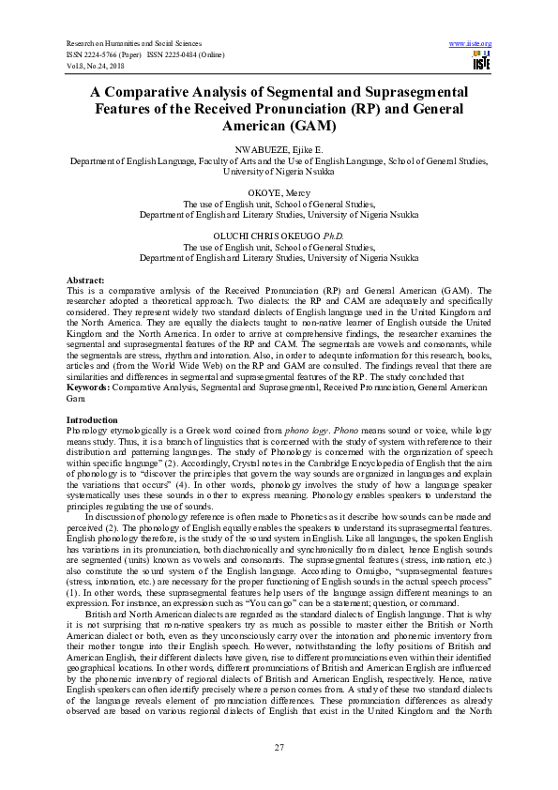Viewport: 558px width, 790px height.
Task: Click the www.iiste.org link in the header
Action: pyautogui.click(x=471, y=44)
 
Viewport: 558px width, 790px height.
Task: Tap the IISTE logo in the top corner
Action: pyautogui.click(x=482, y=61)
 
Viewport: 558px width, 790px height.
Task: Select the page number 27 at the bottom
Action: pyautogui.click(x=279, y=746)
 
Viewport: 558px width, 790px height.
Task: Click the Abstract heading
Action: pyautogui.click(x=85, y=281)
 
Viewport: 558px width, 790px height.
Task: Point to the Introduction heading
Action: pyautogui.click(x=92, y=419)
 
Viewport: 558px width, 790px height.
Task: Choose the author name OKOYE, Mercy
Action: pyautogui.click(x=279, y=191)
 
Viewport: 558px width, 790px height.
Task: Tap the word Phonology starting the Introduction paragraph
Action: pyautogui.click(x=87, y=430)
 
